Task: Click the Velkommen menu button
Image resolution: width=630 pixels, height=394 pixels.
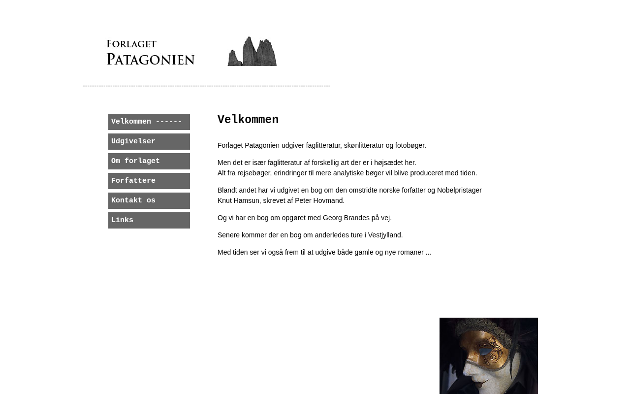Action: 149,122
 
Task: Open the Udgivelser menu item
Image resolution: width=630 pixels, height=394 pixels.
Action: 149,141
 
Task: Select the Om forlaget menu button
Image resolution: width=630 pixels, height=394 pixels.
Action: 149,161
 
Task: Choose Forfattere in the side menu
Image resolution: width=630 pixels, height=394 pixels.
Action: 149,181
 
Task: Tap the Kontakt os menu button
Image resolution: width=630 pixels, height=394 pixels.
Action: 149,200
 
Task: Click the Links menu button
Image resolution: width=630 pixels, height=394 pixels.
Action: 149,220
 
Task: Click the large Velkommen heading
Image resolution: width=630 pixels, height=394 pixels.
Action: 248,120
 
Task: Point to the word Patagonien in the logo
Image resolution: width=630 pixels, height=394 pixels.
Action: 151,60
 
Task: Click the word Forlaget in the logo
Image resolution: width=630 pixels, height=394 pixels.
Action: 131,44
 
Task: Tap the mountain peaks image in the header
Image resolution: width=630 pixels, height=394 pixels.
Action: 252,51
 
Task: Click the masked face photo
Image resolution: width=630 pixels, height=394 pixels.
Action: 488,356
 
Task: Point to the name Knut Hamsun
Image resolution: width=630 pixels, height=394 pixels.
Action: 238,200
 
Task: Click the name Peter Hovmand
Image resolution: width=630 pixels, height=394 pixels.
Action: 319,200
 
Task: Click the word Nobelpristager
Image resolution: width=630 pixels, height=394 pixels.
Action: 459,190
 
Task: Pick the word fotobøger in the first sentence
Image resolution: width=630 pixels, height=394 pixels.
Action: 410,145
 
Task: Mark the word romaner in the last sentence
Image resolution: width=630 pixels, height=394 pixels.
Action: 410,252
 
